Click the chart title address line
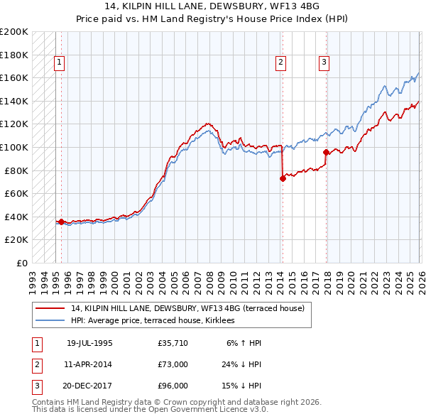(x=213, y=6)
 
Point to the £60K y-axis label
(x=16, y=193)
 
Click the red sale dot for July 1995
(x=61, y=222)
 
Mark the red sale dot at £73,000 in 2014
(x=283, y=179)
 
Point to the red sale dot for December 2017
(x=326, y=152)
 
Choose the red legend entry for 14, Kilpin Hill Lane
(x=187, y=308)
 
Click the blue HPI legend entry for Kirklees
(x=158, y=321)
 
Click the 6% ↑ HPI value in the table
(x=244, y=342)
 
